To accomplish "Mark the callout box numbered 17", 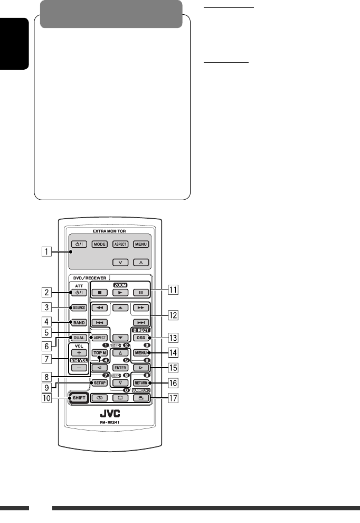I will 173,397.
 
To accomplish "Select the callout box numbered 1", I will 47,252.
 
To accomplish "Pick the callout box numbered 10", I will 47,398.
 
